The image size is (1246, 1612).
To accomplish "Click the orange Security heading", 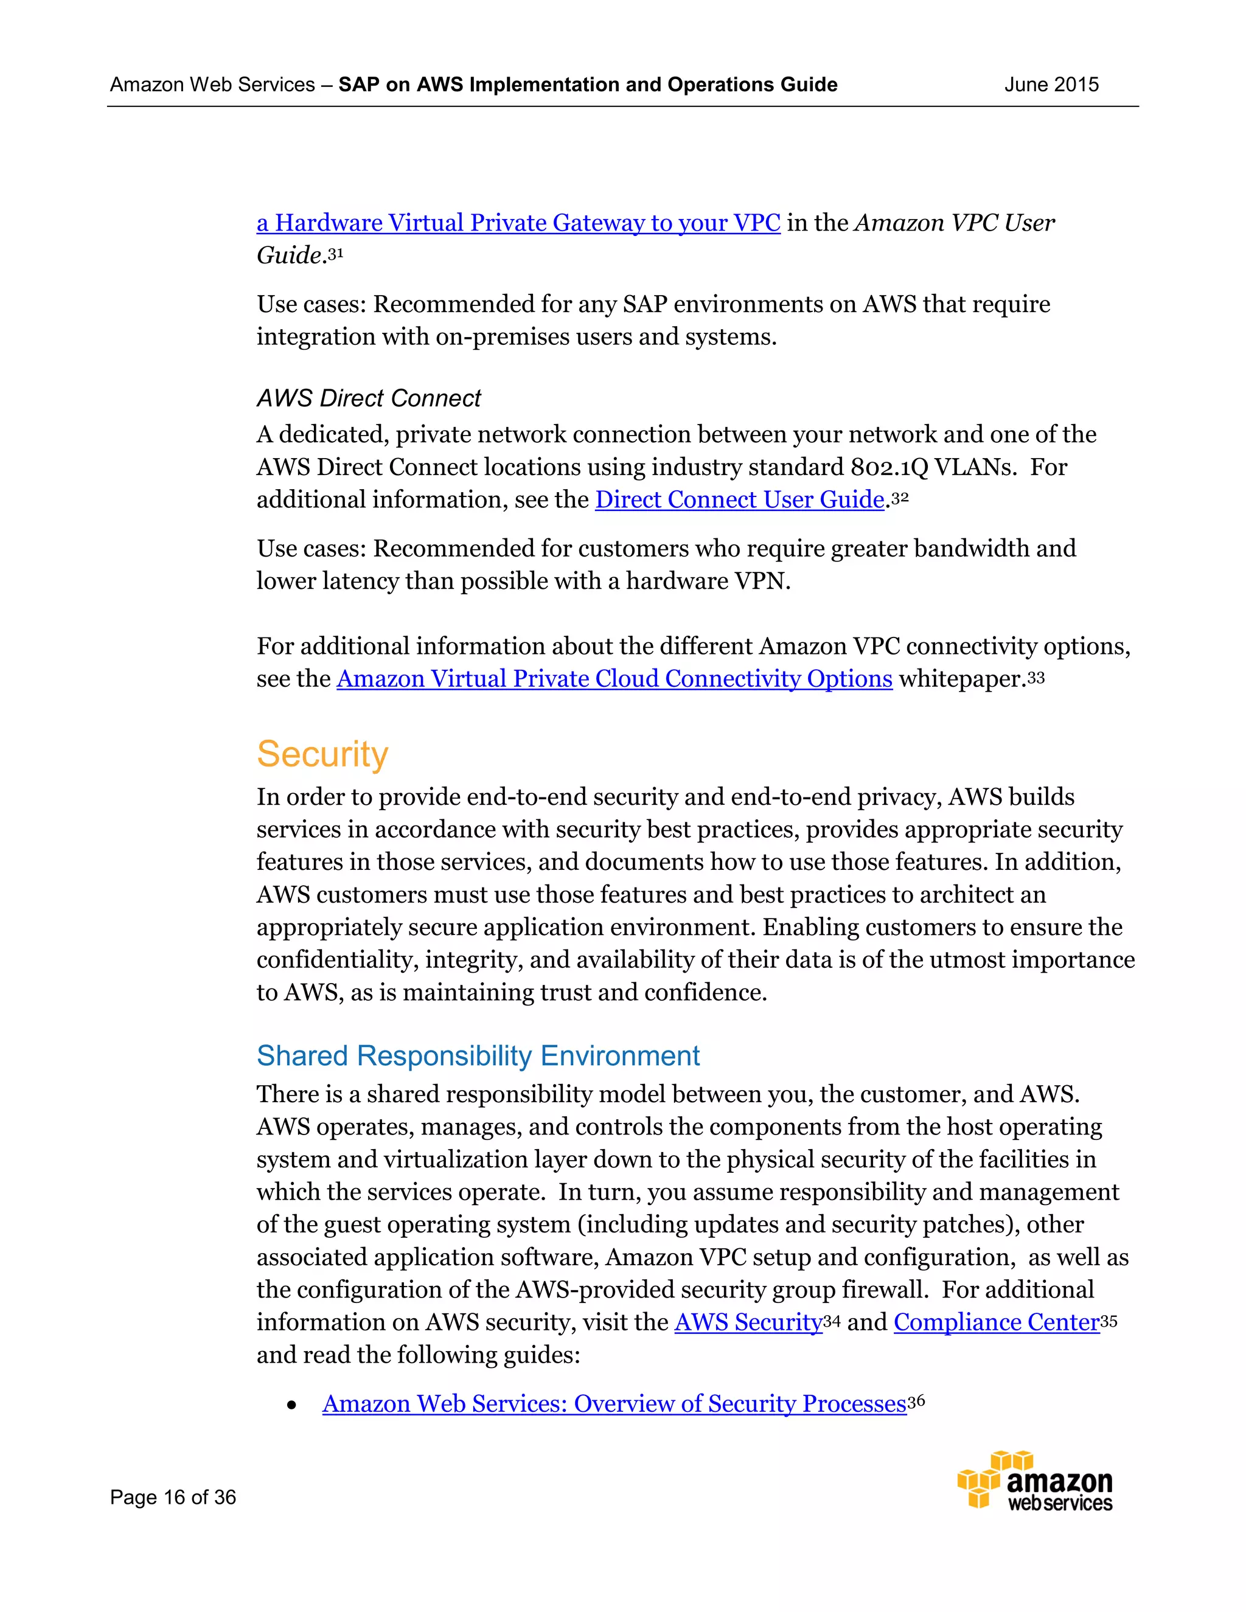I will pos(322,754).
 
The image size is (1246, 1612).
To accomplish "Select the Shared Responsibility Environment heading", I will pos(478,1056).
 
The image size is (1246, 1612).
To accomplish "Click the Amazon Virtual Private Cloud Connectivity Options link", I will pos(614,679).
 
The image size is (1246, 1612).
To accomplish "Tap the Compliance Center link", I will pos(997,1322).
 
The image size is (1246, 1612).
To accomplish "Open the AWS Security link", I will pos(748,1322).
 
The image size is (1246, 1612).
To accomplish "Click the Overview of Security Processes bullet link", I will pos(614,1404).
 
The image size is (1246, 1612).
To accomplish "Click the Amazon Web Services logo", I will pos(1035,1481).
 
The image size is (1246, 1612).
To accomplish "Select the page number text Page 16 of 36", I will pos(173,1497).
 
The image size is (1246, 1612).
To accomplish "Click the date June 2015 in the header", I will pos(1051,85).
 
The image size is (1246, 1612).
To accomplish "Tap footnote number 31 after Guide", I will pos(336,254).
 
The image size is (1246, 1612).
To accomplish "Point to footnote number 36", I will pos(916,1401).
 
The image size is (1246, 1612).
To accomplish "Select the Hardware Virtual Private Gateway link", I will pos(518,223).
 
